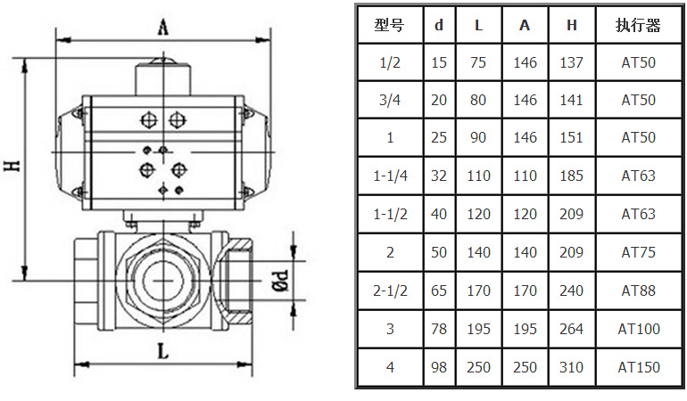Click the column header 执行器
coord(639,25)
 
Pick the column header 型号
coord(390,25)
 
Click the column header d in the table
coord(438,25)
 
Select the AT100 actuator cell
coord(639,329)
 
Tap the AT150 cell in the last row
coord(639,367)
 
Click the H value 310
coord(572,367)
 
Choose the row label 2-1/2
coord(390,291)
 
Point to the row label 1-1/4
coord(390,176)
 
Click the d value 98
coord(438,367)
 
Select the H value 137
coord(572,62)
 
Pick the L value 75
coord(478,62)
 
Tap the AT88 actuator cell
coord(639,291)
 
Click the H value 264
coord(572,329)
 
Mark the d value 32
coord(438,176)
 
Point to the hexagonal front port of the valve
coord(166,278)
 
